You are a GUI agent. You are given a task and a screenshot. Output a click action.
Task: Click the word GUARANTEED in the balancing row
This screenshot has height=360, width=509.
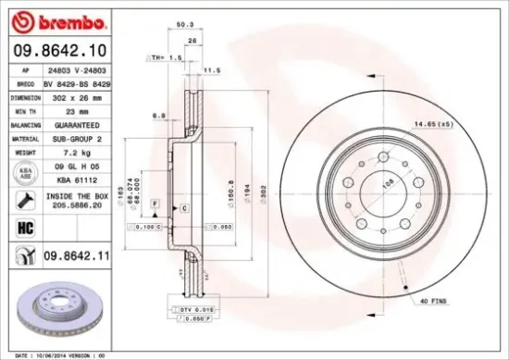[x=77, y=124]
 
